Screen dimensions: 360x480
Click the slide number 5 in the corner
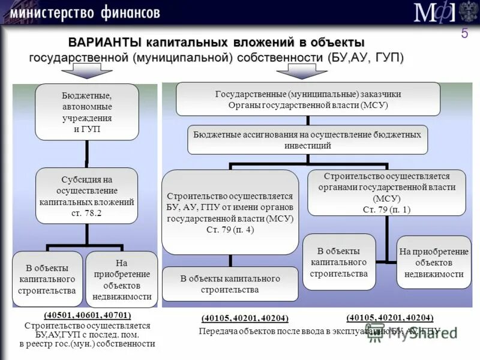(464, 34)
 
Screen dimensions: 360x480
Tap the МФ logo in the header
(434, 13)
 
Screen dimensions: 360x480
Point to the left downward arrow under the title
(86, 70)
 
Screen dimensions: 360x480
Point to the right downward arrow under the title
(301, 70)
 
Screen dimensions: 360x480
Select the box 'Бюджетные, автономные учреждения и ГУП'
(87, 112)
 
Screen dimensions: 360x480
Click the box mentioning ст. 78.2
(87, 196)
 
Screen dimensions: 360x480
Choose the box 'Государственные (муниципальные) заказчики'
(308, 99)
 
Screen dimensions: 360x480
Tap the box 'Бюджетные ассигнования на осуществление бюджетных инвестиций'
(308, 140)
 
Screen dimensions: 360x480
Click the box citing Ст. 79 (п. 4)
(230, 212)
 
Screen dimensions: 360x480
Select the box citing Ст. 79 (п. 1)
(386, 193)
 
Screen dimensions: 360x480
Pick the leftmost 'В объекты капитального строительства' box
(47, 279)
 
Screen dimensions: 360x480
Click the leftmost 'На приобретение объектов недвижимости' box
(122, 279)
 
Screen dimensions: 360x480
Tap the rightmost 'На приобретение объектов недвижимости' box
(434, 262)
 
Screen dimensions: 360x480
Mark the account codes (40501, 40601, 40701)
(87, 315)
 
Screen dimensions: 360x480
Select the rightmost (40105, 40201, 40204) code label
(389, 318)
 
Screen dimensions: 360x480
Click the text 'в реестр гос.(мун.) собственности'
(87, 344)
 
